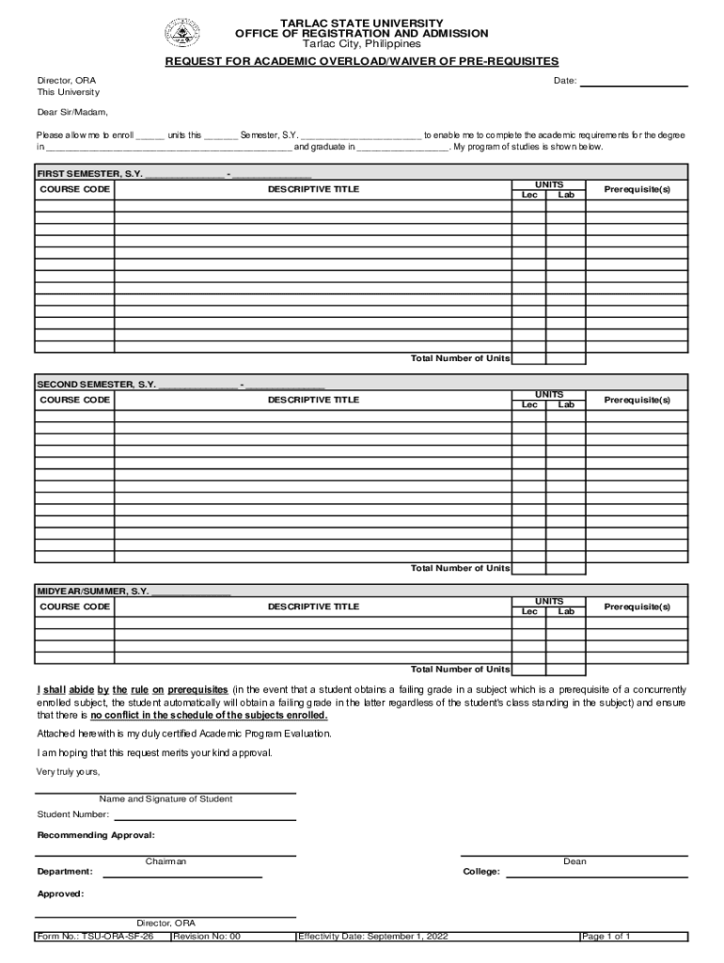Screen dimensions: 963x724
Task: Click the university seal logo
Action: (x=182, y=34)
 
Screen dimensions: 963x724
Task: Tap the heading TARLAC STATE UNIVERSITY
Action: (x=361, y=23)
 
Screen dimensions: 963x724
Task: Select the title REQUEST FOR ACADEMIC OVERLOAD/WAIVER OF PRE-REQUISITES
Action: (x=362, y=61)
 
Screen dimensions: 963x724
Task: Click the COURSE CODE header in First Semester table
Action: (x=75, y=189)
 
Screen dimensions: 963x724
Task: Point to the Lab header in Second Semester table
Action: (x=566, y=405)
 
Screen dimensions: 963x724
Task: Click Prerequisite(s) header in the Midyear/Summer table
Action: (x=637, y=607)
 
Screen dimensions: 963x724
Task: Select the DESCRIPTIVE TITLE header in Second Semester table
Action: (x=313, y=400)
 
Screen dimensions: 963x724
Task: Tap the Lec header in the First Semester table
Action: (x=529, y=195)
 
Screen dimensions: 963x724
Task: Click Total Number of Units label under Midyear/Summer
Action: (x=460, y=669)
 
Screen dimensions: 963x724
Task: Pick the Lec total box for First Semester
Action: (x=529, y=358)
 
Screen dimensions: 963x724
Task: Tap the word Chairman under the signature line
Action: (x=165, y=861)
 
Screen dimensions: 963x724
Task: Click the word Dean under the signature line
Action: (x=574, y=861)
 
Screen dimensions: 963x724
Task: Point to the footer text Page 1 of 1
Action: (x=606, y=937)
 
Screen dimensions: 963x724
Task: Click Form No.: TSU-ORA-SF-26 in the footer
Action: (x=95, y=937)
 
